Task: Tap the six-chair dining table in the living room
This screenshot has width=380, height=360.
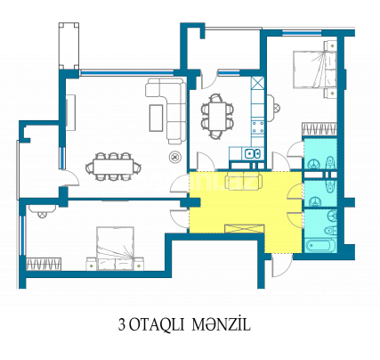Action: (112, 164)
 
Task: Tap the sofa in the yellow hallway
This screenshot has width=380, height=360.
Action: (246, 184)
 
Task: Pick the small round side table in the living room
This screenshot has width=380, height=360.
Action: (174, 158)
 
